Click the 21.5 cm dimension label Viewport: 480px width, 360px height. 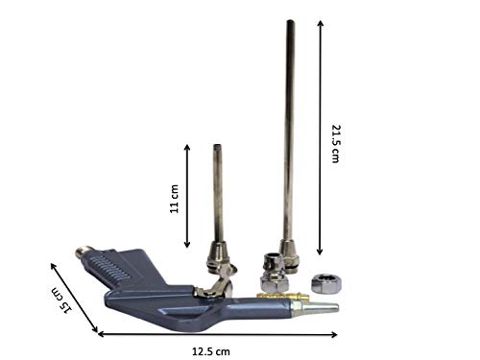[x=335, y=144]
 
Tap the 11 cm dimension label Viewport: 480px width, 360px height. [x=174, y=199]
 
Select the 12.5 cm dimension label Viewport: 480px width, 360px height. [x=211, y=351]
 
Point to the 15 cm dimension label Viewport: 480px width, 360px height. [x=62, y=300]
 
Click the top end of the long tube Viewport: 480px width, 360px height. [x=290, y=22]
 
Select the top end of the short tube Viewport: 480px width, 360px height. [x=217, y=146]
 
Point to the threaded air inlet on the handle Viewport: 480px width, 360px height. [x=83, y=252]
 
